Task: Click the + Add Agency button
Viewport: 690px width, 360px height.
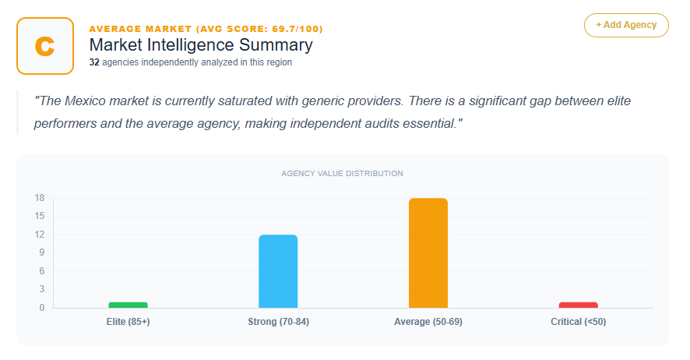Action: click(626, 25)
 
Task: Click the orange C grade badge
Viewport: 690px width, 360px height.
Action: click(45, 46)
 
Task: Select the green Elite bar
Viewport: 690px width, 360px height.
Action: click(128, 305)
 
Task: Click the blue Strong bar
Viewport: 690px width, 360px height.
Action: click(278, 271)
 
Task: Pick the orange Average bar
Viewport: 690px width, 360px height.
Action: click(428, 253)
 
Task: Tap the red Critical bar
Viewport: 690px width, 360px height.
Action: click(578, 305)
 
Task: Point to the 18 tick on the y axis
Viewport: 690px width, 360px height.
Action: click(39, 198)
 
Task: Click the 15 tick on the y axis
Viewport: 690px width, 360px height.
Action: click(39, 216)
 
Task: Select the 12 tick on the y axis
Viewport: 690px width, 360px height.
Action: click(39, 235)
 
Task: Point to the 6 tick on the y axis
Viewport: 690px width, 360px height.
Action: click(41, 271)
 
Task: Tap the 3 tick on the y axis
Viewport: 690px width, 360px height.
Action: click(41, 289)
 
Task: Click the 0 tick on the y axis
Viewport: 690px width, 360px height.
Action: click(41, 308)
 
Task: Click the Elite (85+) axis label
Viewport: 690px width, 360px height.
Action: click(128, 322)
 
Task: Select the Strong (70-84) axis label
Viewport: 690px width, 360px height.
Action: click(278, 322)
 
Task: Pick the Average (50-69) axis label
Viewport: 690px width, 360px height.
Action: click(428, 322)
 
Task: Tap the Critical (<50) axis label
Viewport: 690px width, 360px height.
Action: click(578, 322)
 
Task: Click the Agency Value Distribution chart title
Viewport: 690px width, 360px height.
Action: click(342, 173)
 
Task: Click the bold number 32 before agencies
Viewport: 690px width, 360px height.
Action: click(94, 62)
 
